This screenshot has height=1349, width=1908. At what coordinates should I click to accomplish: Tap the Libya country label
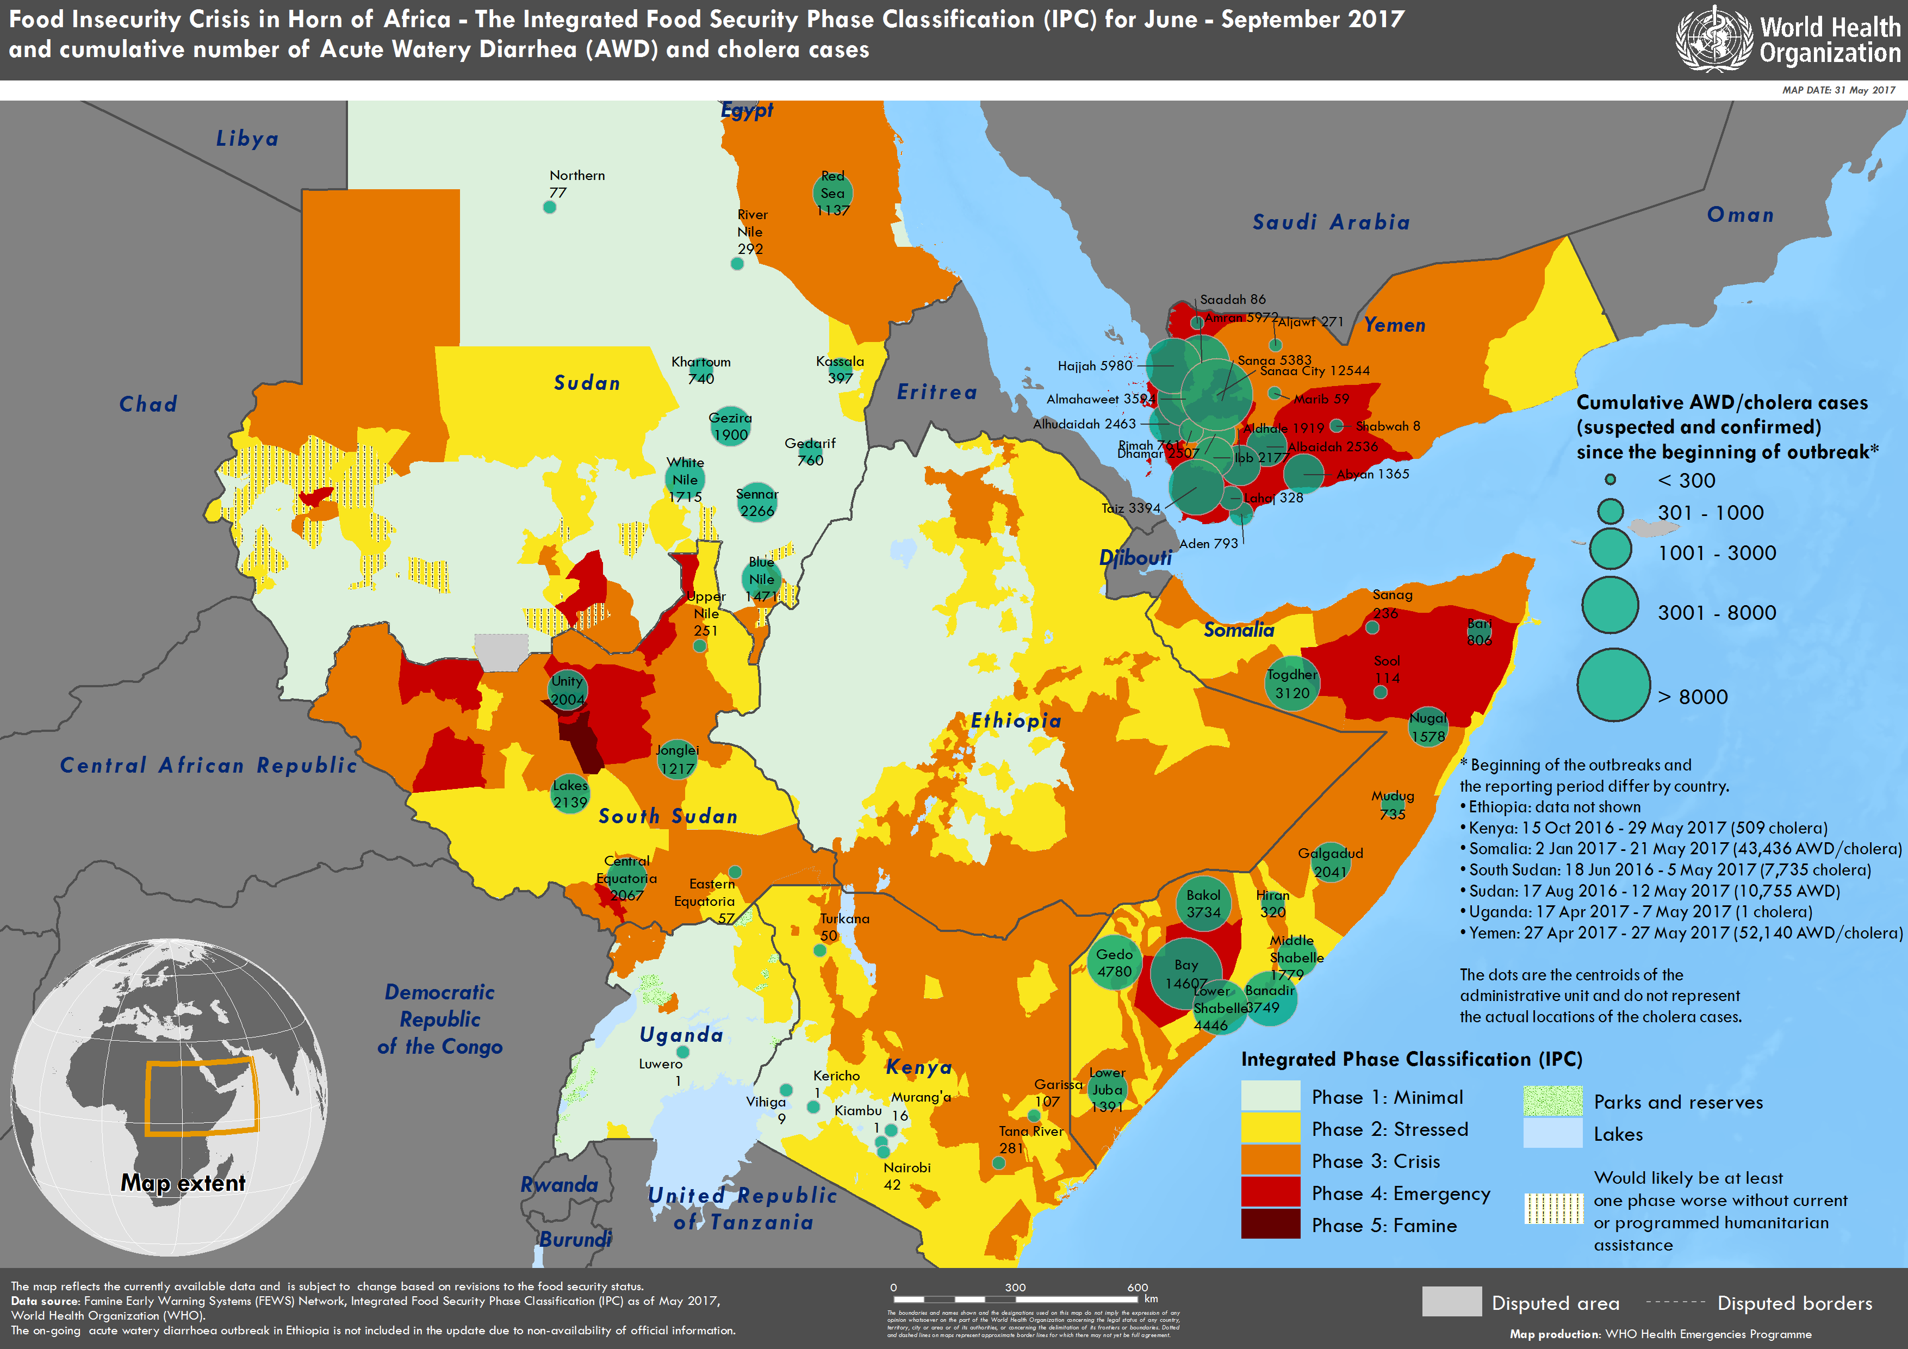247,139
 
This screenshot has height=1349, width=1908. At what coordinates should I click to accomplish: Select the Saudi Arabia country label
1331,222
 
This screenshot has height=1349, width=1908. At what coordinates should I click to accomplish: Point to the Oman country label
1740,215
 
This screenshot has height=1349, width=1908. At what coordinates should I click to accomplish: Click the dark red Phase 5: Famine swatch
1270,1224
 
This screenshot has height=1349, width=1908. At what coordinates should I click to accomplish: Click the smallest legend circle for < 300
1609,480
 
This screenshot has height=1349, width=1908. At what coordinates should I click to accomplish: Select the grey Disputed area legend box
1451,1302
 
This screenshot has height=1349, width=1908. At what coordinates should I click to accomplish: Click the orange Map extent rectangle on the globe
202,1097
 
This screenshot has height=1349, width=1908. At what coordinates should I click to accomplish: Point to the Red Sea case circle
832,193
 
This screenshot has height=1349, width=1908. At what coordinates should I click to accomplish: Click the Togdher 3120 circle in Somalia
1291,684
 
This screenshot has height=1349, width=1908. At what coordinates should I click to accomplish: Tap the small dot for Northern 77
549,207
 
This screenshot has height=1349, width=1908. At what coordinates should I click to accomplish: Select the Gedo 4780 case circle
1114,964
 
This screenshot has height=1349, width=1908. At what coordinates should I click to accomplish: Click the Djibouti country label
1135,558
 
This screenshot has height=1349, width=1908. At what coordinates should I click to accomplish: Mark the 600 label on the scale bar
1137,1286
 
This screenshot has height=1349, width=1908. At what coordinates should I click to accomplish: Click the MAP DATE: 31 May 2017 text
1838,90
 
